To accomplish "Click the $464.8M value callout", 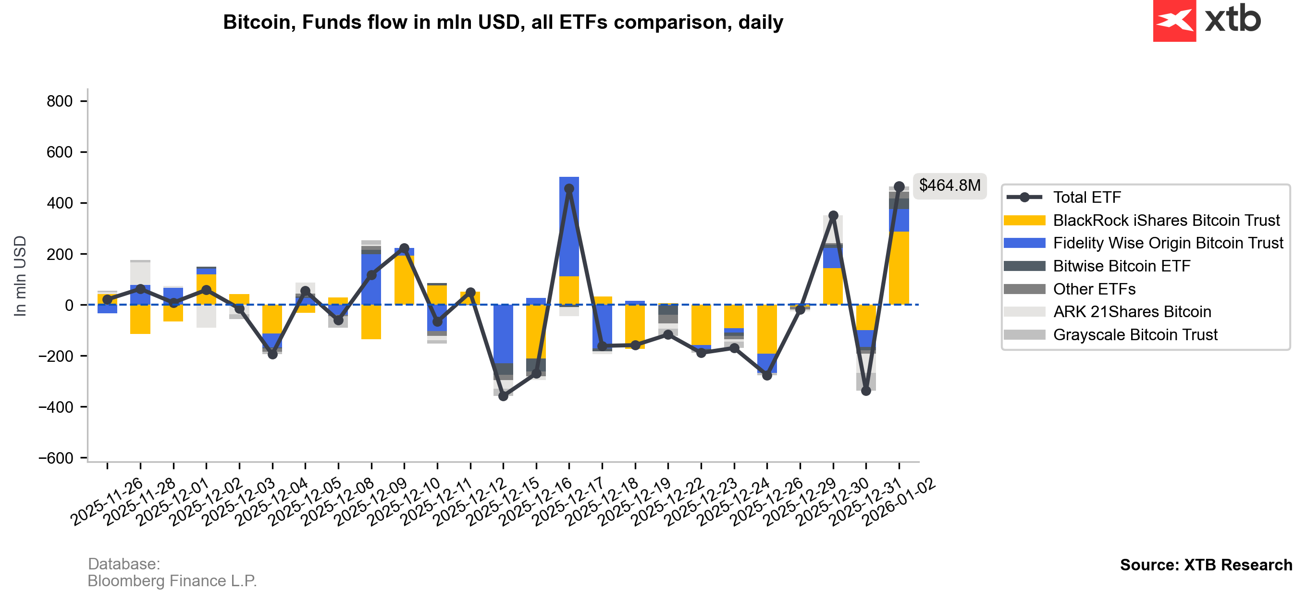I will tap(949, 186).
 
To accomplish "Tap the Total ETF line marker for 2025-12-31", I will tap(866, 391).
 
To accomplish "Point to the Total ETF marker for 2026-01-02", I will tap(899, 187).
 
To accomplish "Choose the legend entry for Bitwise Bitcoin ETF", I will tap(1122, 266).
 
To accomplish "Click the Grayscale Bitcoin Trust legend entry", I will tap(1135, 334).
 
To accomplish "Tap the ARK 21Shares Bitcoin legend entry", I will tap(1132, 312).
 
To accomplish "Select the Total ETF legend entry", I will tap(1087, 197).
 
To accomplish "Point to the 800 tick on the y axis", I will tap(60, 101).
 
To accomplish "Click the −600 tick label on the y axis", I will tap(56, 458).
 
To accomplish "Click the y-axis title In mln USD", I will tap(20, 276).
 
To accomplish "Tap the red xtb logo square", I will tap(1174, 20).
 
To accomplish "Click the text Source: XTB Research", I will tap(1206, 565).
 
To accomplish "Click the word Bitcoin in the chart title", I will tap(257, 22).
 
